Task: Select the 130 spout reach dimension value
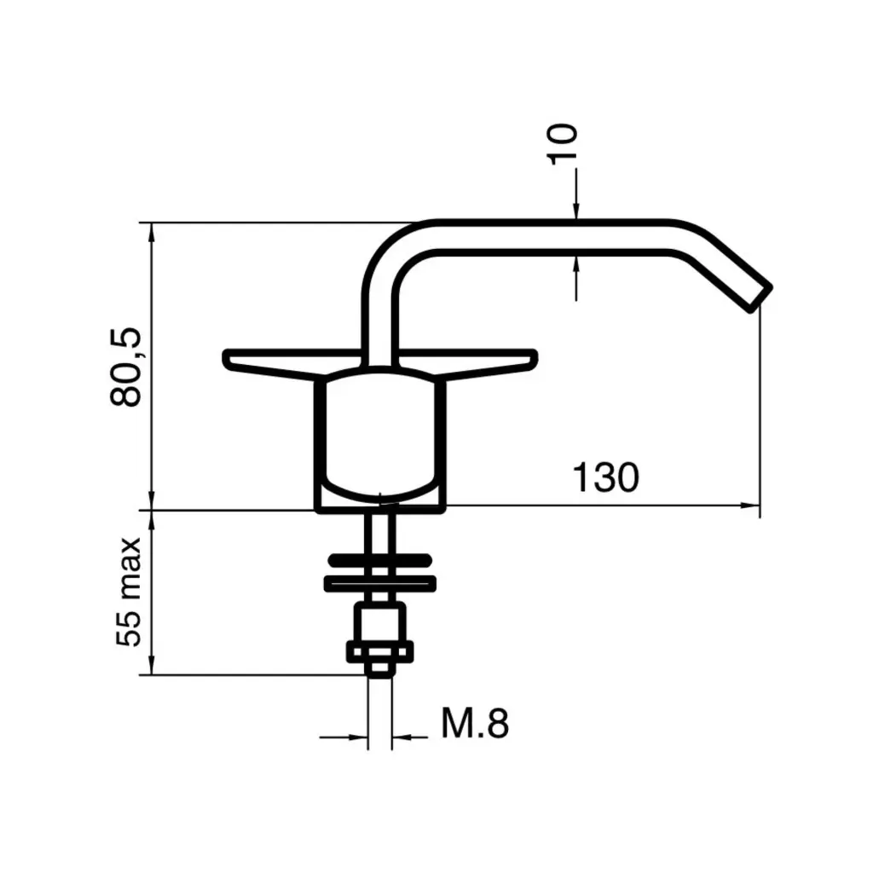point(604,478)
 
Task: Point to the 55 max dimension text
point(129,592)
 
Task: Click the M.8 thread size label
point(475,725)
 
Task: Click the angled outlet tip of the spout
point(758,294)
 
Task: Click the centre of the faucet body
point(380,435)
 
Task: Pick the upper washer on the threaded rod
point(380,561)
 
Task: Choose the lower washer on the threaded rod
point(380,583)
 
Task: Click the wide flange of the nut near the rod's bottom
point(380,651)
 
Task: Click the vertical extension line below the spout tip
point(760,409)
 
